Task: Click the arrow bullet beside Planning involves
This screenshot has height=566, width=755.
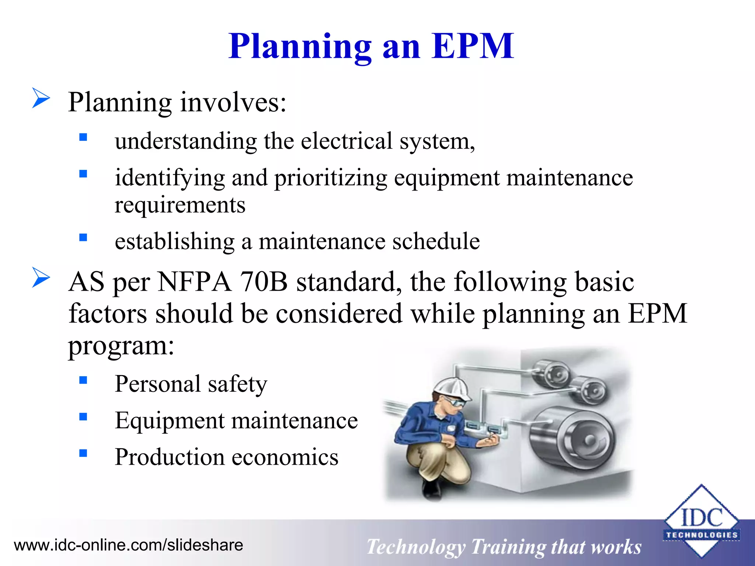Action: [41, 98]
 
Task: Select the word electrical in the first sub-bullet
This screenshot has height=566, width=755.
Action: [347, 141]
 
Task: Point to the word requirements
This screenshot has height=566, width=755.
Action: [180, 206]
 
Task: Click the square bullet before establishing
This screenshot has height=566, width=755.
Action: [83, 237]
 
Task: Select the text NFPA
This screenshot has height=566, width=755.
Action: [195, 282]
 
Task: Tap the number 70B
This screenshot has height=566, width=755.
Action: [263, 282]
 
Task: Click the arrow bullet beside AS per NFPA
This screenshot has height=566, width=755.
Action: [41, 277]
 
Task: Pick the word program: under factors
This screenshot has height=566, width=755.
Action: [121, 347]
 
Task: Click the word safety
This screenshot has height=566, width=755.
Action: [237, 384]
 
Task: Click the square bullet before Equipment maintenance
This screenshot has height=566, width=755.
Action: [83, 417]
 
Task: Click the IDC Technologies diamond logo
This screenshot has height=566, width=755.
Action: [701, 521]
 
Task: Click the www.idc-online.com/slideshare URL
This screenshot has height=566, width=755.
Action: [128, 545]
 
